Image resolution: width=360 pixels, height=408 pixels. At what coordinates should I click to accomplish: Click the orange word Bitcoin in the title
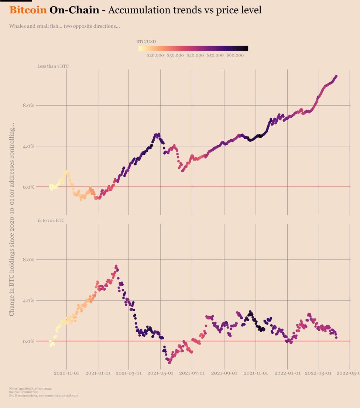pyautogui.click(x=28, y=10)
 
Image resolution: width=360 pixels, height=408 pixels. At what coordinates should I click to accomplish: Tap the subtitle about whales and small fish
pyautogui.click(x=64, y=27)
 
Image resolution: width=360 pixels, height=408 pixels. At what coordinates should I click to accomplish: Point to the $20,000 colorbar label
pyautogui.click(x=155, y=56)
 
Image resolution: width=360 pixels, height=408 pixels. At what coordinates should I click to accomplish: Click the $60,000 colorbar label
pyautogui.click(x=235, y=56)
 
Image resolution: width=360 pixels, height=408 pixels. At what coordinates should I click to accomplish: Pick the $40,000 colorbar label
pyautogui.click(x=195, y=56)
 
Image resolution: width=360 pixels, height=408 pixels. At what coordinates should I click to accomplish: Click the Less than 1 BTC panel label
pyautogui.click(x=53, y=66)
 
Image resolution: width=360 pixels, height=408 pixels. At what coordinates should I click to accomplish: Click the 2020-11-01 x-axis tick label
pyautogui.click(x=66, y=373)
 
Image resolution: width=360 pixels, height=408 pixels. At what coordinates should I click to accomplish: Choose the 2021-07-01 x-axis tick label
pyautogui.click(x=192, y=373)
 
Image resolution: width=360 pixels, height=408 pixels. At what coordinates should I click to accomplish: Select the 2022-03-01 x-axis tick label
pyautogui.click(x=318, y=373)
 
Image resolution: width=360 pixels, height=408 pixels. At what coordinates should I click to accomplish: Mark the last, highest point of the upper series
pyautogui.click(x=336, y=76)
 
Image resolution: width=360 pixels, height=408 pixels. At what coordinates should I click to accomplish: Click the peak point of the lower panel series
pyautogui.click(x=116, y=266)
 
